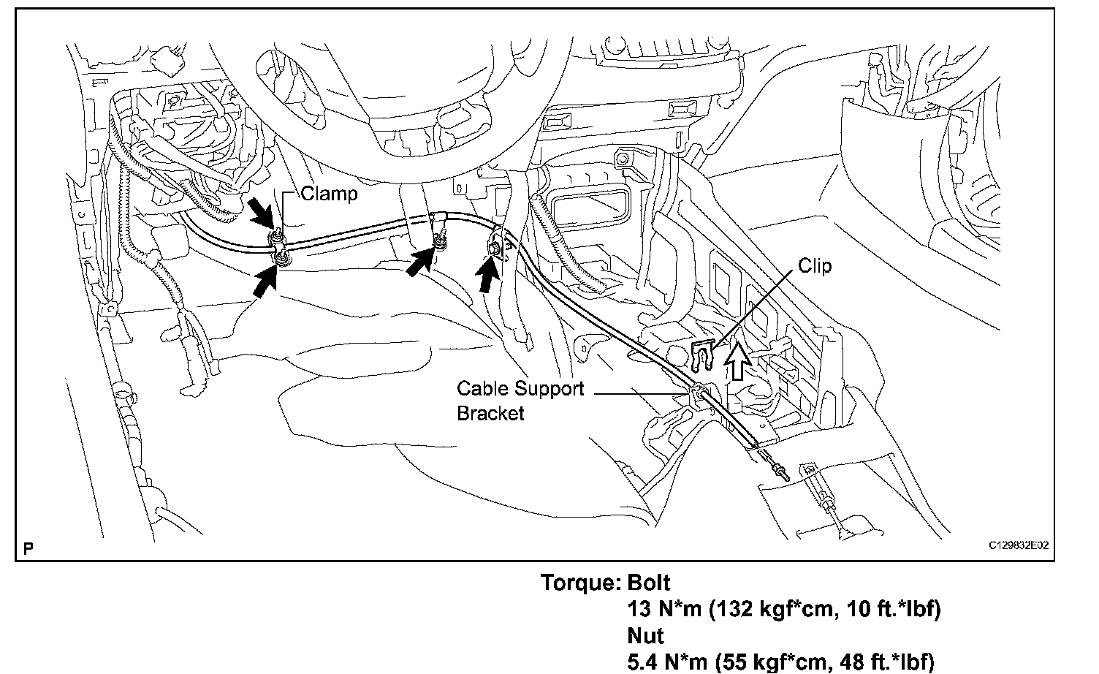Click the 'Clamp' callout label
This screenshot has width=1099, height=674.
pyautogui.click(x=329, y=194)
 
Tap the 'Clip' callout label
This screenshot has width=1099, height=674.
pyautogui.click(x=814, y=265)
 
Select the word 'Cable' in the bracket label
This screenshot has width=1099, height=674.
pyautogui.click(x=484, y=389)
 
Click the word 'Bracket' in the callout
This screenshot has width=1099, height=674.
pyautogui.click(x=490, y=413)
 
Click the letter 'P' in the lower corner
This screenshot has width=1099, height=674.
pyautogui.click(x=28, y=548)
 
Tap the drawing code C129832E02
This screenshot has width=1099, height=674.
pyautogui.click(x=1019, y=545)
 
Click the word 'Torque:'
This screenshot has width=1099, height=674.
pyautogui.click(x=580, y=583)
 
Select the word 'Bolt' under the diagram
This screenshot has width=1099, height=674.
pyautogui.click(x=648, y=583)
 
